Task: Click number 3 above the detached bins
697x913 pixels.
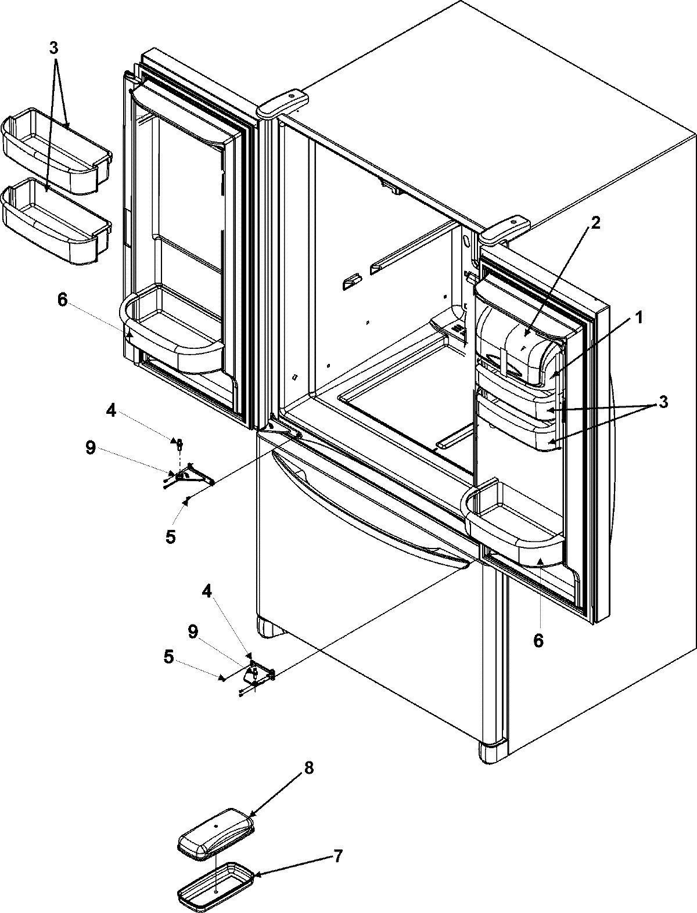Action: tap(53, 48)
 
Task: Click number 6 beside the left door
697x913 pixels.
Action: tap(62, 300)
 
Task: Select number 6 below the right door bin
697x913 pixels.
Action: tap(538, 640)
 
